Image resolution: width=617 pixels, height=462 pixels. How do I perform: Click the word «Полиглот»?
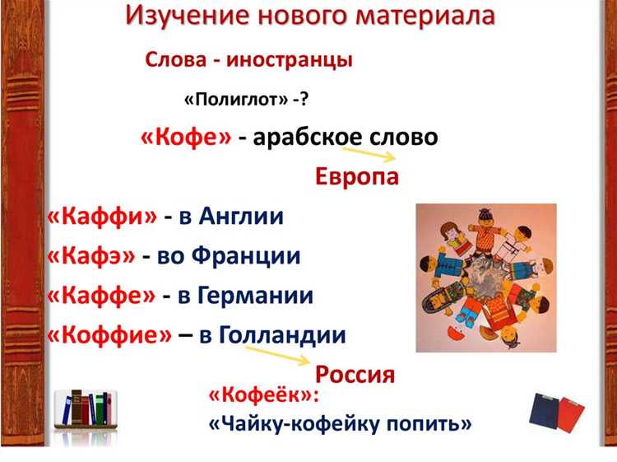[236, 100]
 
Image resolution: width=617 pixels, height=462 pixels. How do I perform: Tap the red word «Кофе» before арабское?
[186, 137]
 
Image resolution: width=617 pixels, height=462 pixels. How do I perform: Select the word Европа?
[357, 176]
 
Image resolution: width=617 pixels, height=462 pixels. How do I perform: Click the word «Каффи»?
[102, 216]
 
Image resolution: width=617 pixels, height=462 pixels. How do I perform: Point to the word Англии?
[241, 216]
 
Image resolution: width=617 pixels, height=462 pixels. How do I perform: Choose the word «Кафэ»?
[90, 255]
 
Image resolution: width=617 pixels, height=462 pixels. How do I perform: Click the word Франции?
[246, 255]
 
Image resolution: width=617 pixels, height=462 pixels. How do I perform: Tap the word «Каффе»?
[101, 296]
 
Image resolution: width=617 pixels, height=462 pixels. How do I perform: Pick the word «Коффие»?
[109, 335]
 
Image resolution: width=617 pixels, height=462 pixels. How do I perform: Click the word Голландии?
[282, 335]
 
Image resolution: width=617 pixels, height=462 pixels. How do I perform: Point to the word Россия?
[355, 374]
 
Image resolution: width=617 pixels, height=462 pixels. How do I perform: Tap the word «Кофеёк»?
[263, 395]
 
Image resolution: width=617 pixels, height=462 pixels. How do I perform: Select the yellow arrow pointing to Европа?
[368, 154]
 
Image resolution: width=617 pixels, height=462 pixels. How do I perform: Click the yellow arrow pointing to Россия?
[276, 354]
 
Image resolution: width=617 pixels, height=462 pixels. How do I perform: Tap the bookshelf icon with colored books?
[86, 409]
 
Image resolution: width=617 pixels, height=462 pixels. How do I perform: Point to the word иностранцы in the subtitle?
[290, 60]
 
